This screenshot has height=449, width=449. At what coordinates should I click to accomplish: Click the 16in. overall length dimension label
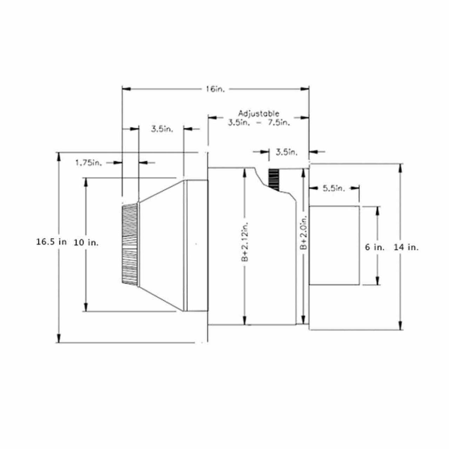click(214, 89)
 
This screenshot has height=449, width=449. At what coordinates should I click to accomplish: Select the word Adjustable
click(259, 114)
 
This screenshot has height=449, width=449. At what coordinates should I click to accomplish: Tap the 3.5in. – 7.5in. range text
click(259, 123)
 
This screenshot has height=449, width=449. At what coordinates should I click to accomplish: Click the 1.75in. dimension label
click(88, 163)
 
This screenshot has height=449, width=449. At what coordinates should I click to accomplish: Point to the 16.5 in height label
click(51, 242)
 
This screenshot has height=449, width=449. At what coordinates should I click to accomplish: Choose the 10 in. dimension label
click(86, 242)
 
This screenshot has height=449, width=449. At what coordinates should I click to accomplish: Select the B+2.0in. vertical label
click(304, 232)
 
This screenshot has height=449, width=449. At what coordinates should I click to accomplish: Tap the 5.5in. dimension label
click(334, 188)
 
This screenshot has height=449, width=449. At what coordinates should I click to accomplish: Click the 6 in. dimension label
click(375, 247)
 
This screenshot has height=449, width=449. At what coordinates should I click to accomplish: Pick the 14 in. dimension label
click(406, 247)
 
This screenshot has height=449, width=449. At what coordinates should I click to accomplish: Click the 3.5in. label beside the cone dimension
click(162, 129)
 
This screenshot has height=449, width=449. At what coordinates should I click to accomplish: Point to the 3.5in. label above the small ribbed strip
click(286, 152)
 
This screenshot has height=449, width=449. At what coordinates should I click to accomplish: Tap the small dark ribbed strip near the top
click(274, 179)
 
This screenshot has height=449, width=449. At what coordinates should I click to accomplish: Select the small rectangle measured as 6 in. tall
click(334, 245)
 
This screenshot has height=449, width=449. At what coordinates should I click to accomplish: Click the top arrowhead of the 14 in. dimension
click(400, 167)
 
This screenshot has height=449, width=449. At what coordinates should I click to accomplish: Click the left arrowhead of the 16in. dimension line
click(126, 89)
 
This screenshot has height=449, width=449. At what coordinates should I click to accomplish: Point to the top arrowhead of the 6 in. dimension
click(377, 210)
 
